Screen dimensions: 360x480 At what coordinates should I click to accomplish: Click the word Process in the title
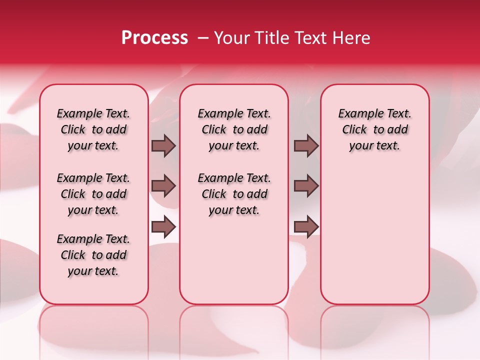click(x=154, y=38)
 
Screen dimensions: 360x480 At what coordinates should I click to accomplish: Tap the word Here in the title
click(x=351, y=38)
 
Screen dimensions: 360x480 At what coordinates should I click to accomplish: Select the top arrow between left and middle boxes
click(x=163, y=145)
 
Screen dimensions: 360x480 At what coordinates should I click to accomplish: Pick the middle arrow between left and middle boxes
click(x=163, y=186)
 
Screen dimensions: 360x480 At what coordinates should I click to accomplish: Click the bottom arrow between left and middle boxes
click(x=163, y=227)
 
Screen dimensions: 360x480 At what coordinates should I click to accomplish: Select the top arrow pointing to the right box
click(x=306, y=145)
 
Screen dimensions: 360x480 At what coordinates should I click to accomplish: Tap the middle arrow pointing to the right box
click(x=306, y=186)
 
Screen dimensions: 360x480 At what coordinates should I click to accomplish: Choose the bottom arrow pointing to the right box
click(x=306, y=227)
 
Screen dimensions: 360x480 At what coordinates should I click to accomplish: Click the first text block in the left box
click(x=93, y=129)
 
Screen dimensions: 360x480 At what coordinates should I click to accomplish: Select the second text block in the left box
click(x=93, y=194)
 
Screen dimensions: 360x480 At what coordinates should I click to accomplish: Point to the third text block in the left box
click(x=93, y=255)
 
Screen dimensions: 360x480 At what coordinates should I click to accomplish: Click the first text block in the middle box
click(x=234, y=129)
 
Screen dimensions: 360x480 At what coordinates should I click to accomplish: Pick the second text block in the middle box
click(x=234, y=194)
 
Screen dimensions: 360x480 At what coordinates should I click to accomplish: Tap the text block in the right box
click(x=374, y=129)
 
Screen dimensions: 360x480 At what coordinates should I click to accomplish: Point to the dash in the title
click(x=203, y=38)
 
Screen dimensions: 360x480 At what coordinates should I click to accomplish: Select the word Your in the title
click(x=229, y=38)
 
